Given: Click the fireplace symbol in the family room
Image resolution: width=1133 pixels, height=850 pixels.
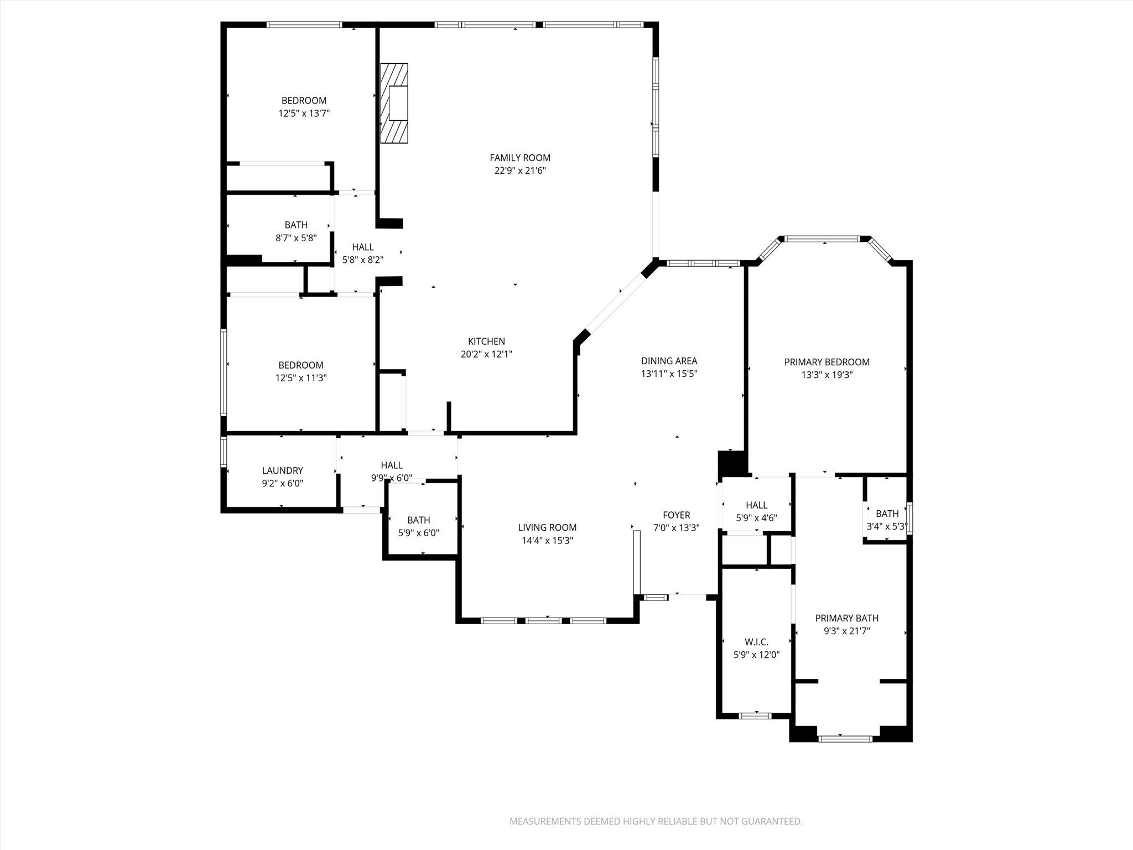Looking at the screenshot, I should pos(394,103).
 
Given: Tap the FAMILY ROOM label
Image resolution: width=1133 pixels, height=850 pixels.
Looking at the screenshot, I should pos(520,158).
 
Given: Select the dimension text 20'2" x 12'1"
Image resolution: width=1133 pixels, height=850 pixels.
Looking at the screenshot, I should pos(486,354).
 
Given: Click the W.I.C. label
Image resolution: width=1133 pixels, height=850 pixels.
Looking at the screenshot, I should pos(756,642).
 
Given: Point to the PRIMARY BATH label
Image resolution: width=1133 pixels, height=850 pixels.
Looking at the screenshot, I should pos(846,618).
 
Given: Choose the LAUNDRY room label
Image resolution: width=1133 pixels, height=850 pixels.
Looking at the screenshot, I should pos(282,470).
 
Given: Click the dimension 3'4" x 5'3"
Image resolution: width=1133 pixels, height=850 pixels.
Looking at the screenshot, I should pos(887,527).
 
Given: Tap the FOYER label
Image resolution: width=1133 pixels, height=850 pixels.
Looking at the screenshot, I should pos(676,515).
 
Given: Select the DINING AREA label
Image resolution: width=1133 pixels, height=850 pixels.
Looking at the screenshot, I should pos(669,361).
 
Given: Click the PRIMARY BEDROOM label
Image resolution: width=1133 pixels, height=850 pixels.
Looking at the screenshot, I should pos(827,362).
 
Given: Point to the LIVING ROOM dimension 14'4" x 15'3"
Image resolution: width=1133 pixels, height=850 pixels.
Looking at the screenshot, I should pos(547,541).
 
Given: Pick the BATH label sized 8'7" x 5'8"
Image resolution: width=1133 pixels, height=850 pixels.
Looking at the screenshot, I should pos(296,225).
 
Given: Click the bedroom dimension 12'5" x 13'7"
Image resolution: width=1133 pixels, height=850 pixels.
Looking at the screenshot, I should pos(304,113).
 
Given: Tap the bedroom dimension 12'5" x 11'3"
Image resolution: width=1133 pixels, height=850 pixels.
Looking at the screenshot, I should pos(301,378).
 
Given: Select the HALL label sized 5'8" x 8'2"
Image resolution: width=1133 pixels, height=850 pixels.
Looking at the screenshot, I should pos(363,247).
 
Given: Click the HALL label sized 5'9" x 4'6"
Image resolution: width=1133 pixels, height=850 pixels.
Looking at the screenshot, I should pos(756,505).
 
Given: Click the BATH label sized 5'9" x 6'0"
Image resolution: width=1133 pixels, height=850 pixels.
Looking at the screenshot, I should pos(418,520).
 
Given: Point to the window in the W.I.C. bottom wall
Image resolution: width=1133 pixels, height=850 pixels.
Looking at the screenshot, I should pos(755,716).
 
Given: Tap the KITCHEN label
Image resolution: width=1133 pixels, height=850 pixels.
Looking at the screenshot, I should pos(486,341).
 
